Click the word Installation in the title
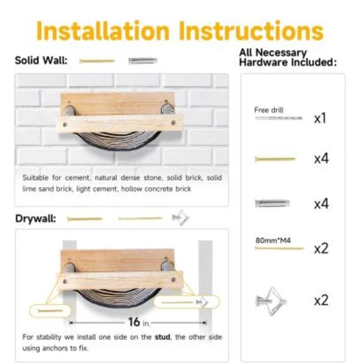103,31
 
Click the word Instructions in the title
251,31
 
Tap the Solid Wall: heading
41,60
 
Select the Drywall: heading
36,219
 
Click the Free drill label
269,110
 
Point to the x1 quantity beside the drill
320,118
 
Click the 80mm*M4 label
273,241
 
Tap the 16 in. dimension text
139,322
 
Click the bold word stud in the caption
162,337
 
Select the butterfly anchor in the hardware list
271,301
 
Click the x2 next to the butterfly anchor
321,300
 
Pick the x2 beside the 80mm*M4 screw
321,249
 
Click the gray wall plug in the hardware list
272,203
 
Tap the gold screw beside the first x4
275,159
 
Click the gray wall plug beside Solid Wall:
143,61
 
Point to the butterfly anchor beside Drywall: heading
181,218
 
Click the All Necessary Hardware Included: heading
288,57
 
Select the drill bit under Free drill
279,118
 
